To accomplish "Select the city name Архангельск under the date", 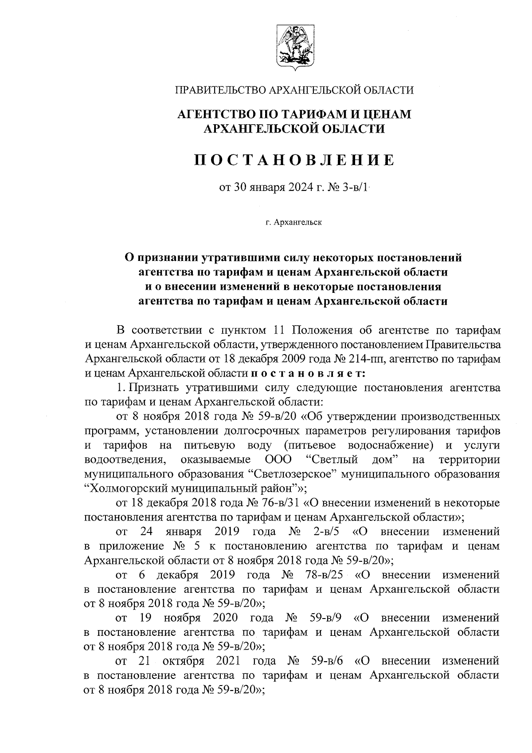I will pos(297,222).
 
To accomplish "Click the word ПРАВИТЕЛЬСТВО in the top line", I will pos(220,91).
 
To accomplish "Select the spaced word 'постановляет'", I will pos(313,373).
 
